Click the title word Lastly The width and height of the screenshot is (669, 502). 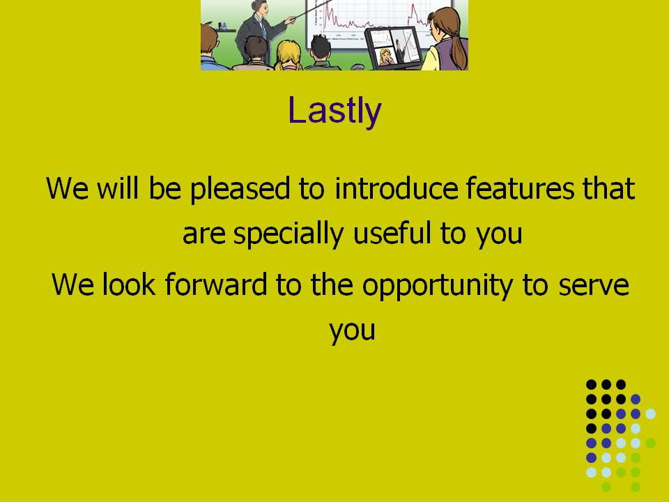[334, 110]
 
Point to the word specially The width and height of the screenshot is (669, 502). [289, 234]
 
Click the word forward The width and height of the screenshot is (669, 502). [215, 284]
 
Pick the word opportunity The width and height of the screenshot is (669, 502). [438, 285]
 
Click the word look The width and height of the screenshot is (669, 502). [128, 284]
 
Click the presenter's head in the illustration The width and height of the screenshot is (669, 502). [259, 7]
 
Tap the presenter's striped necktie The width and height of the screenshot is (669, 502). [263, 29]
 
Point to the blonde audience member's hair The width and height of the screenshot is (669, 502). [288, 54]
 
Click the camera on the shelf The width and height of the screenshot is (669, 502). [222, 26]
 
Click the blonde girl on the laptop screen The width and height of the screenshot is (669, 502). [385, 56]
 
